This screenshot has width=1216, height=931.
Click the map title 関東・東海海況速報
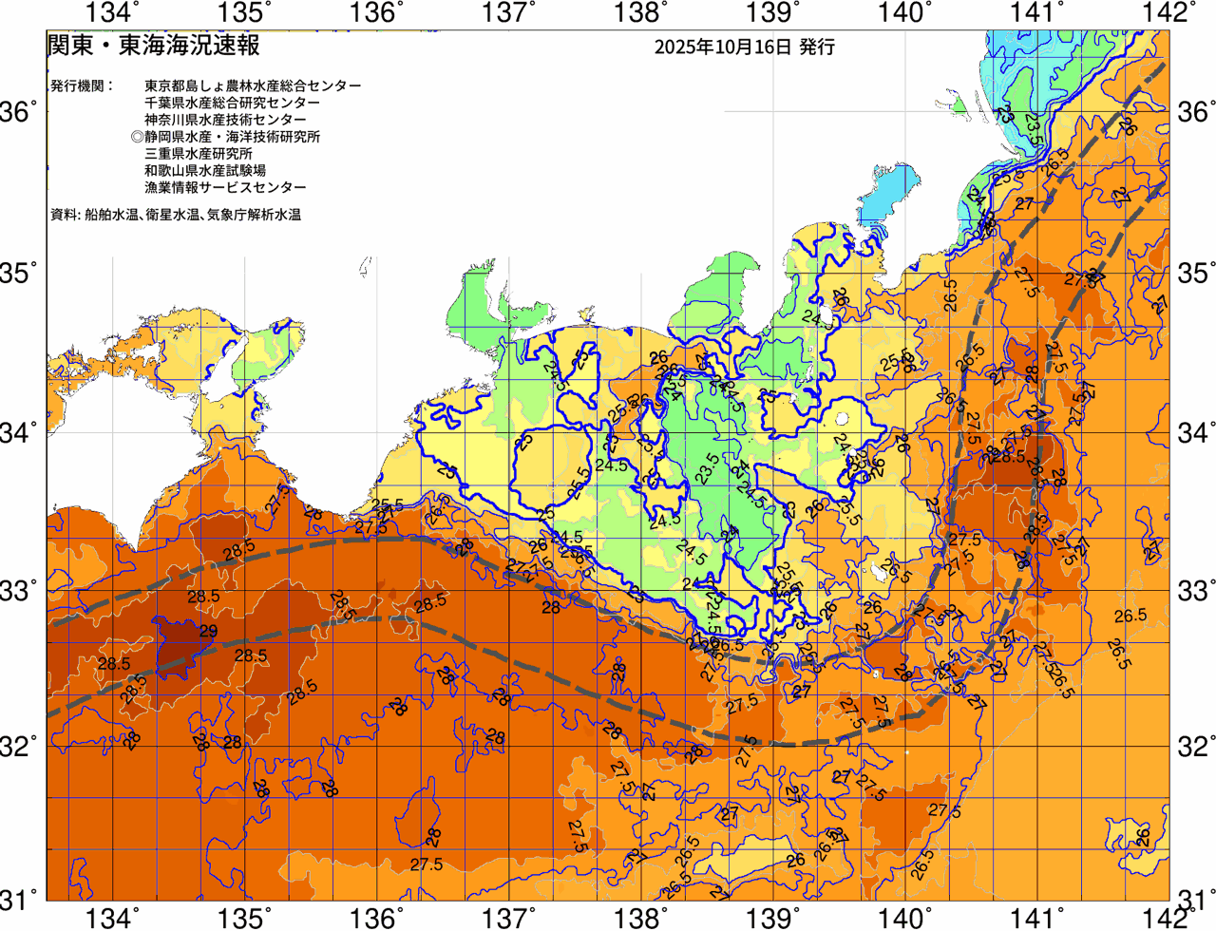tap(154, 45)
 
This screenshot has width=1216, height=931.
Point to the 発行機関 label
tap(81, 85)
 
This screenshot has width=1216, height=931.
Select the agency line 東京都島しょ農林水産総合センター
tap(253, 85)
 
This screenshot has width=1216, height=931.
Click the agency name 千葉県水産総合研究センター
tap(233, 103)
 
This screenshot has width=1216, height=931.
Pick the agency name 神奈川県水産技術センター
tap(226, 120)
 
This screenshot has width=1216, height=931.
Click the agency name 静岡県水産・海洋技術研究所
tap(233, 137)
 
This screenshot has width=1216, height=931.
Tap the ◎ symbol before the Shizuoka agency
tap(138, 137)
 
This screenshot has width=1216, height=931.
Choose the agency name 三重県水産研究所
tap(199, 154)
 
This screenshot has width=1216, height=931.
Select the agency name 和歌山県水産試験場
tap(205, 171)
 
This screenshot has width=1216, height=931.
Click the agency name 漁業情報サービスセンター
tap(226, 188)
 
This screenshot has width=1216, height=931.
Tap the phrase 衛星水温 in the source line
tap(172, 216)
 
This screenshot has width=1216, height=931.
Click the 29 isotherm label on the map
tap(208, 633)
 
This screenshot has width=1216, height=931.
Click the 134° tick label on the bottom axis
tap(112, 918)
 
